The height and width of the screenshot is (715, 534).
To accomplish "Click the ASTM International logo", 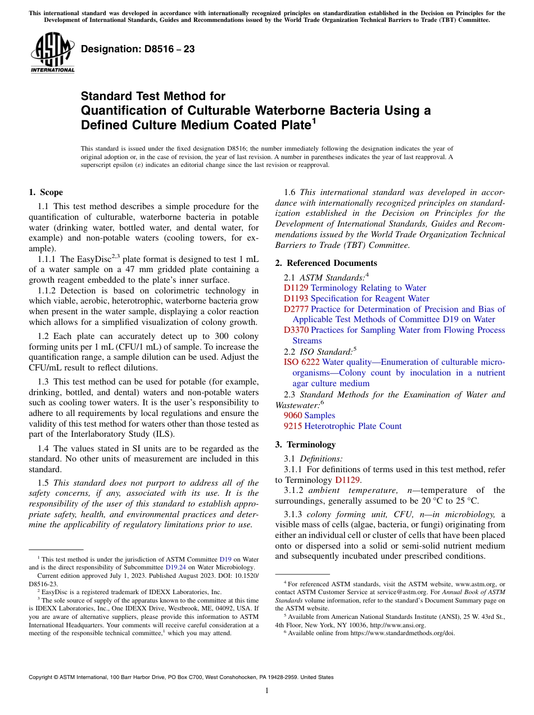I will tap(52, 53).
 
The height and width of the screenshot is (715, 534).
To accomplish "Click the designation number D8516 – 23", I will tap(138, 49).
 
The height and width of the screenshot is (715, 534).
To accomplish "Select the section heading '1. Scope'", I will tap(46, 192).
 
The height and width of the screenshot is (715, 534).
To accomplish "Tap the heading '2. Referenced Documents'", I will tap(326, 263).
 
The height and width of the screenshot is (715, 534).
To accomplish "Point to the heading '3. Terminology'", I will tap(305, 444).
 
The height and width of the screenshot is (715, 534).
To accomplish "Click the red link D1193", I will tap(296, 298).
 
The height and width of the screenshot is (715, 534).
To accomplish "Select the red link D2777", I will tap(296, 309).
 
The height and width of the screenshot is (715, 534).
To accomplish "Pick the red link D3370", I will tap(296, 330).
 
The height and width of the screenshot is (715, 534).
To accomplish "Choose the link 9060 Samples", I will tap(309, 415).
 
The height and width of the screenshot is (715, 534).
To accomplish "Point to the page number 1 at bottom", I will tap(267, 691).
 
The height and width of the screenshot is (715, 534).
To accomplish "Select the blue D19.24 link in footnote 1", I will tap(174, 567).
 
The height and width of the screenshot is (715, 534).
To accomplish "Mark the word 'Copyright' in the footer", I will tap(43, 677).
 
